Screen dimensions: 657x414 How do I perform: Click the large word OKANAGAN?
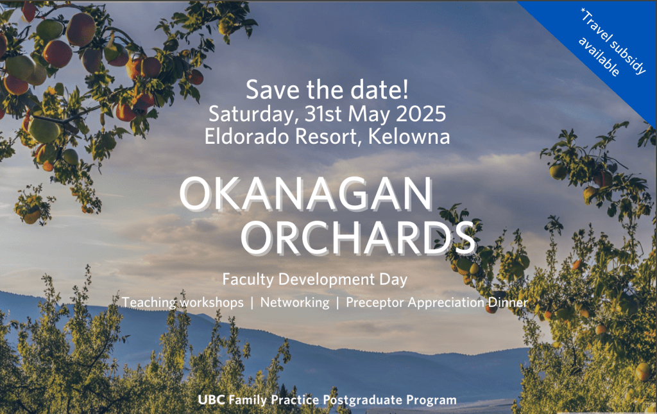point(306,194)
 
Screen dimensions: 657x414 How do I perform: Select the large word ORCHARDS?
point(359,237)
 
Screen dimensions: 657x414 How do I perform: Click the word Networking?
point(294,302)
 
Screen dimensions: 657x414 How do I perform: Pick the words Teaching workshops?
point(183,302)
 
